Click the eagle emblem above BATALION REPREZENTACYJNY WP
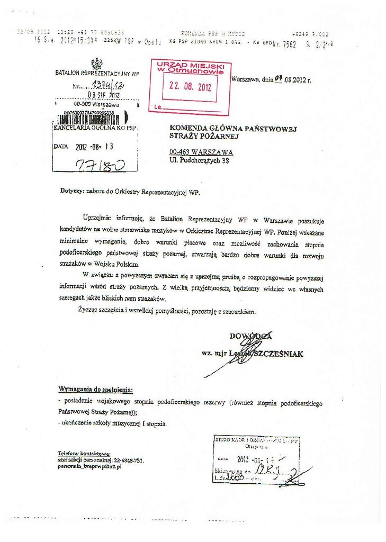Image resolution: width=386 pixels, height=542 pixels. pos(97,64)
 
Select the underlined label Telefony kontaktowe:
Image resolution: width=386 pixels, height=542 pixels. pos(84,453)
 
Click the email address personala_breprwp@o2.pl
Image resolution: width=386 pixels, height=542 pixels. pos(89,467)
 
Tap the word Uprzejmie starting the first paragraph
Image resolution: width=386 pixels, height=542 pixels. pos(97,218)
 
